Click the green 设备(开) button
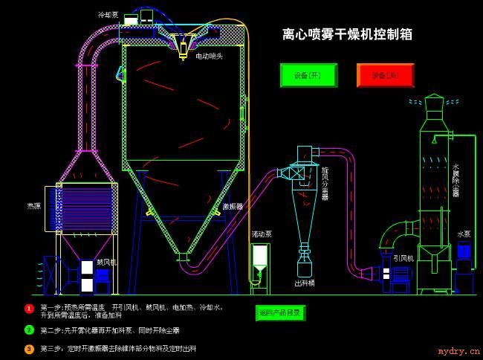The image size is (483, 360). [x=308, y=75]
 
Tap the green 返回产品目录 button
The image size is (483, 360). [x=280, y=312]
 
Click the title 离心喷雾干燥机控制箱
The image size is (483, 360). [x=347, y=34]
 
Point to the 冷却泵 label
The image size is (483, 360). [x=108, y=14]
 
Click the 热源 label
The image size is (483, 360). [x=33, y=205]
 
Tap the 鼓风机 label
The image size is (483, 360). [x=107, y=262]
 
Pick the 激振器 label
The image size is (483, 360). [x=233, y=206]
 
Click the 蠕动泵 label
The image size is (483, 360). [x=261, y=234]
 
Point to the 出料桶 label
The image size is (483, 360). [x=305, y=283]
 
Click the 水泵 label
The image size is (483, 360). [x=464, y=234]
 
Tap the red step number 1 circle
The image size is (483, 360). [x=29, y=308]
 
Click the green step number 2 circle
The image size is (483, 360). [x=29, y=330]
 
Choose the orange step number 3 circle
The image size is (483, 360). [x=29, y=348]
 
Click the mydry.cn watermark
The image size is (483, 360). [x=458, y=352]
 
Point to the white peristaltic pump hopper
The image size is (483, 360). [x=260, y=257]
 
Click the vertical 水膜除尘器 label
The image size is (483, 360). [x=456, y=180]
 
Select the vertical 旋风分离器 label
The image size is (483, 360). [x=325, y=183]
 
